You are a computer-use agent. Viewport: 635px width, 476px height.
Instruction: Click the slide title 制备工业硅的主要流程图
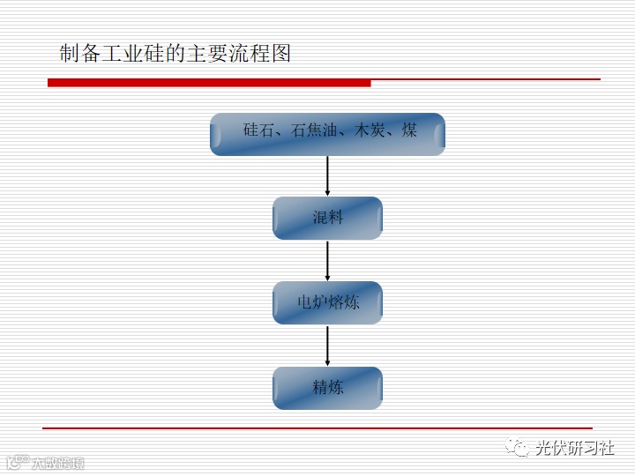click(175, 54)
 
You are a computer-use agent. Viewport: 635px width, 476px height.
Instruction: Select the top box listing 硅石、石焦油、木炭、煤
click(327, 134)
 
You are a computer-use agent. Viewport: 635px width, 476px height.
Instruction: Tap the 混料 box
click(327, 218)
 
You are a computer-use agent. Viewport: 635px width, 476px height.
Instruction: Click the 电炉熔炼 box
click(327, 302)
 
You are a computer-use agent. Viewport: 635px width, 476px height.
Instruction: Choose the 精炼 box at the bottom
click(327, 388)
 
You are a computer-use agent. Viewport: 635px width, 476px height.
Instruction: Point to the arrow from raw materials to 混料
click(327, 175)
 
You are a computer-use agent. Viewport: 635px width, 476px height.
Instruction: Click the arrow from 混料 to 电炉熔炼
click(327, 260)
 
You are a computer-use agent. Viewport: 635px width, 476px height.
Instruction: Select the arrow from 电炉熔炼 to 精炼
click(327, 346)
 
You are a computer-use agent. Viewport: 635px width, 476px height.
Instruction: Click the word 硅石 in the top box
click(258, 130)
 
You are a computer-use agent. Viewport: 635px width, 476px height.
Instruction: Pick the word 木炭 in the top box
click(370, 130)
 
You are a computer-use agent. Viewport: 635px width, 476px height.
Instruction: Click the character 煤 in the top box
click(409, 130)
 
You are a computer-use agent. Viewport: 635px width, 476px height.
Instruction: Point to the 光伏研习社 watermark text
click(575, 448)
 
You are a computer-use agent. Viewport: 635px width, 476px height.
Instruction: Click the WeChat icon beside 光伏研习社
click(518, 449)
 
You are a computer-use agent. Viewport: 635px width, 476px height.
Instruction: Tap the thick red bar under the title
click(209, 83)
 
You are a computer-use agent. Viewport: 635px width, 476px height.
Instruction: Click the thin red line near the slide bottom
click(317, 428)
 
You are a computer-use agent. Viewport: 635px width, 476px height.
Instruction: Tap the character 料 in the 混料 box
click(335, 218)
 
